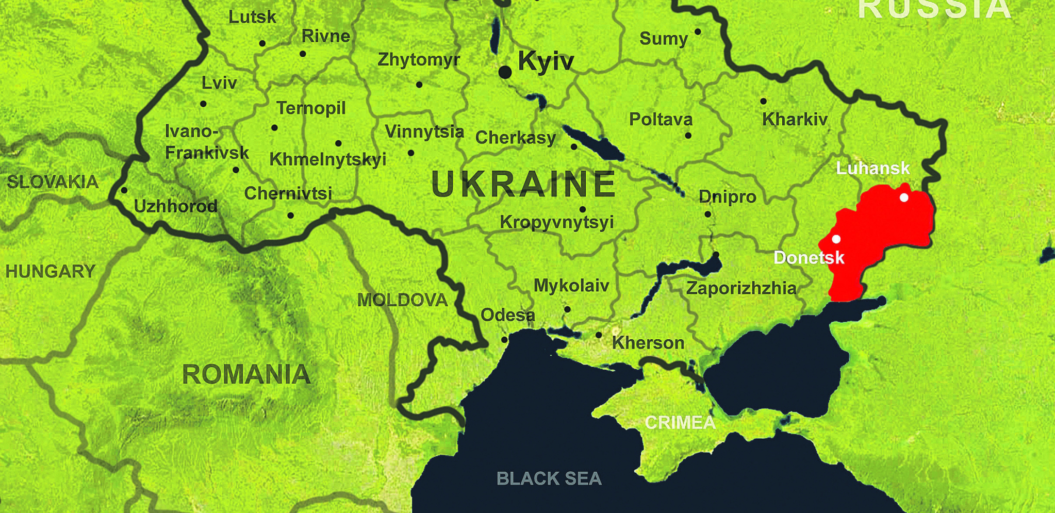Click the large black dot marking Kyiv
coord(505,72)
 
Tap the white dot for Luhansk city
coord(904,197)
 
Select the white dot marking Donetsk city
coord(836,239)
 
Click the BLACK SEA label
coord(549,478)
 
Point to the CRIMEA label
coord(680,423)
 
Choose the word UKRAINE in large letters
coord(523,184)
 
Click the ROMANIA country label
coord(246,374)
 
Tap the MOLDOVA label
coord(402,300)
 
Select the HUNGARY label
coord(51,271)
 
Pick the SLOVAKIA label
coord(53,182)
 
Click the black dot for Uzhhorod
coord(124,190)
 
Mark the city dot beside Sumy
coord(698,32)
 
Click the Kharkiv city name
coord(795,120)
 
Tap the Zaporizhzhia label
coord(741,288)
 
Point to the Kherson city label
coord(648,343)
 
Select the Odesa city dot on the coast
coord(504,340)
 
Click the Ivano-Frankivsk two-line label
coord(206,142)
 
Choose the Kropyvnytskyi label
coord(557,222)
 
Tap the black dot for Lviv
coord(203,104)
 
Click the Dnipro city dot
coord(707,214)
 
